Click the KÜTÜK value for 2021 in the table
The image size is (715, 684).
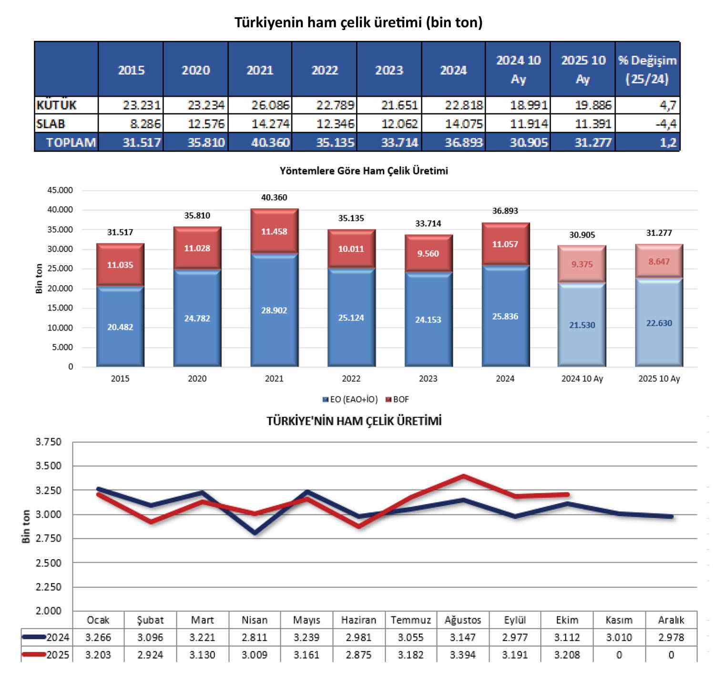tap(270, 105)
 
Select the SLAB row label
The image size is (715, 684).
tap(51, 124)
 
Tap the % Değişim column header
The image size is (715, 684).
tap(647, 70)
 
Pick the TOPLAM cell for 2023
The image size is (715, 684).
tap(399, 142)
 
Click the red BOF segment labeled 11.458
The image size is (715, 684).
tap(274, 231)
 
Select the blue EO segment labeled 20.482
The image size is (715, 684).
tap(120, 327)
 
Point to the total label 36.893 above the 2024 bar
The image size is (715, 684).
tap(505, 211)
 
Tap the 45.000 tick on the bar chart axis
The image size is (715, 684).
tap(60, 190)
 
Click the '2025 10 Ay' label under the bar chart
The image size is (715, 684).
tap(659, 379)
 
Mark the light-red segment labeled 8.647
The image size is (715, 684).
tap(659, 262)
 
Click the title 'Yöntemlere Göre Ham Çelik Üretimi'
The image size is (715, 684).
tap(363, 171)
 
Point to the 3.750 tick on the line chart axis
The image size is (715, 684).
tap(49, 442)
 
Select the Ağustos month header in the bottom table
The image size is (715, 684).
tap(462, 620)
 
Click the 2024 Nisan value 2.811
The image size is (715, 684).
tap(255, 637)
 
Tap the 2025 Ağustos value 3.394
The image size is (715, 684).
tap(462, 655)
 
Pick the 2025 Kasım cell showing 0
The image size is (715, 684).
tap(619, 655)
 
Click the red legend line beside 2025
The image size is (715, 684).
tap(33, 654)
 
